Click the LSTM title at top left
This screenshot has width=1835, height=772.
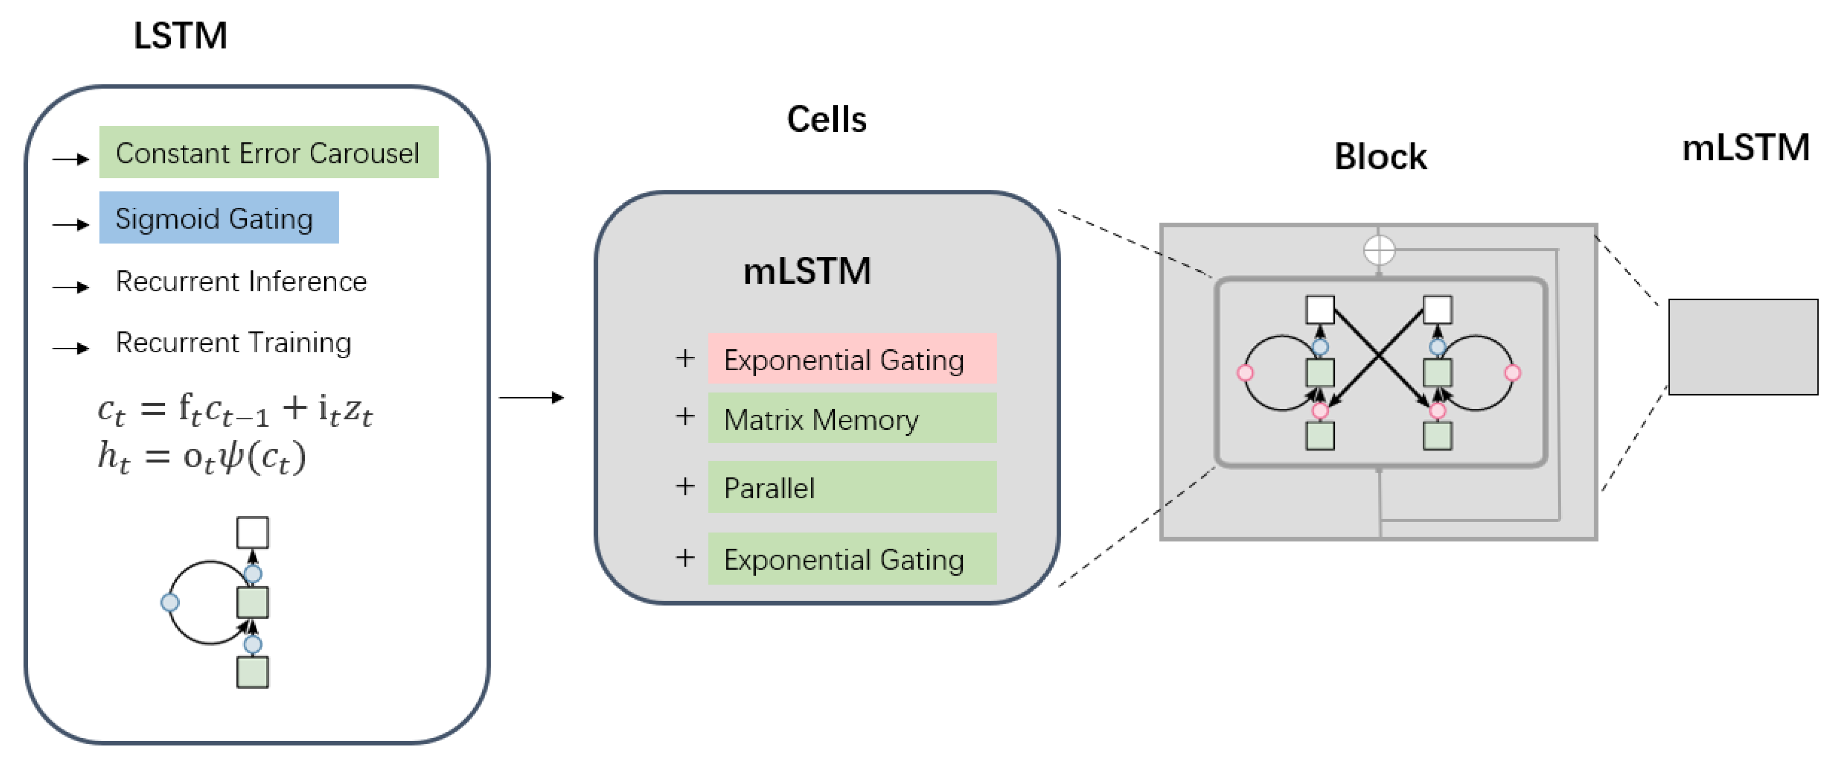coord(180,35)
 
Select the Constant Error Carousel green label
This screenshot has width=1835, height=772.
coord(269,152)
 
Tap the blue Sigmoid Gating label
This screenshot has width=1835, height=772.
coord(219,218)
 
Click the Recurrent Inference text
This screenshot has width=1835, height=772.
coord(241,282)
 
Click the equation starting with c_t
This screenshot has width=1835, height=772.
coord(235,410)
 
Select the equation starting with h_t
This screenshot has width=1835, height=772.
coord(202,457)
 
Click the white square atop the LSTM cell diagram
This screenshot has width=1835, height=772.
coord(252,533)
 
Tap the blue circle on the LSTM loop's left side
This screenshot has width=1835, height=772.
coord(169,603)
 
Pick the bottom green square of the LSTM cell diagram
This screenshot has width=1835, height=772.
coord(252,672)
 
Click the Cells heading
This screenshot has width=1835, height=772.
coord(826,119)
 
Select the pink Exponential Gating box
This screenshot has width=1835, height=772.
coord(852,360)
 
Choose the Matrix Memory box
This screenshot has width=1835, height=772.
coord(852,419)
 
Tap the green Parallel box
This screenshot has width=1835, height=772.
coord(852,488)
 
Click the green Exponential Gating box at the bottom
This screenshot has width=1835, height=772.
coord(852,559)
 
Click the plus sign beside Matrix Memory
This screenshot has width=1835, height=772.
coord(684,417)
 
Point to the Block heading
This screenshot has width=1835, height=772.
coord(1380,157)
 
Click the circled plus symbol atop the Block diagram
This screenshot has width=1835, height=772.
coord(1379,250)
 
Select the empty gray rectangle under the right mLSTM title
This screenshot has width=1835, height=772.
coord(1743,347)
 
